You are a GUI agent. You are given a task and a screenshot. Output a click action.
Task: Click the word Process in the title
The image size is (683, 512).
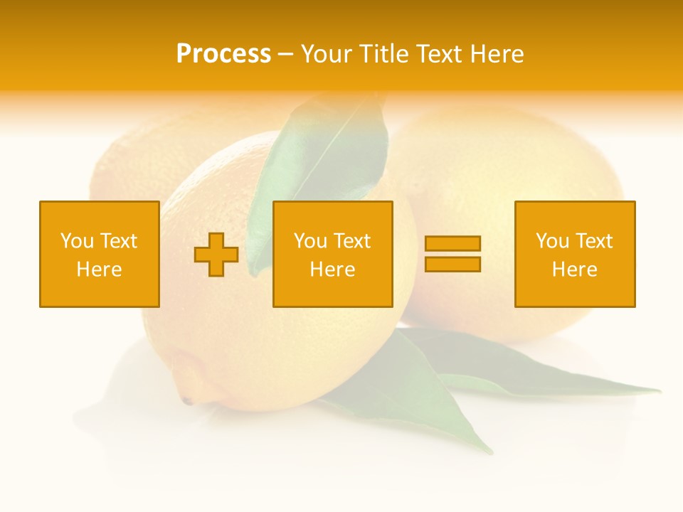223,54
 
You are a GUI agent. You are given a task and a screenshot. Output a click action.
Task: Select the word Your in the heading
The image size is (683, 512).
325,54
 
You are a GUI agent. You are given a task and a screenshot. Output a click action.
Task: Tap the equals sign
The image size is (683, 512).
452,254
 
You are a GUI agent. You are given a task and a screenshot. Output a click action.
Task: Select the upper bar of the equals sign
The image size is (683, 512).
452,244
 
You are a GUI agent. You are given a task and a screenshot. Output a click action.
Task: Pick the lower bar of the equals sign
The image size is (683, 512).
452,264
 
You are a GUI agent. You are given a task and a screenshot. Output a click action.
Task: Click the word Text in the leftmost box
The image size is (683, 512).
119,241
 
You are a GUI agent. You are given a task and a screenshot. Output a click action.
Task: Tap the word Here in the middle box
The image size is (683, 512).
332,270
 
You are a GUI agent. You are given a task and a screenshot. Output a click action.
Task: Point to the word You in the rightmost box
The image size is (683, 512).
552,241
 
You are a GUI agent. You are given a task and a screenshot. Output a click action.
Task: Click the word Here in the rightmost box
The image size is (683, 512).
574,270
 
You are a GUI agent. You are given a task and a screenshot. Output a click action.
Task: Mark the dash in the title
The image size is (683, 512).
285,54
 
